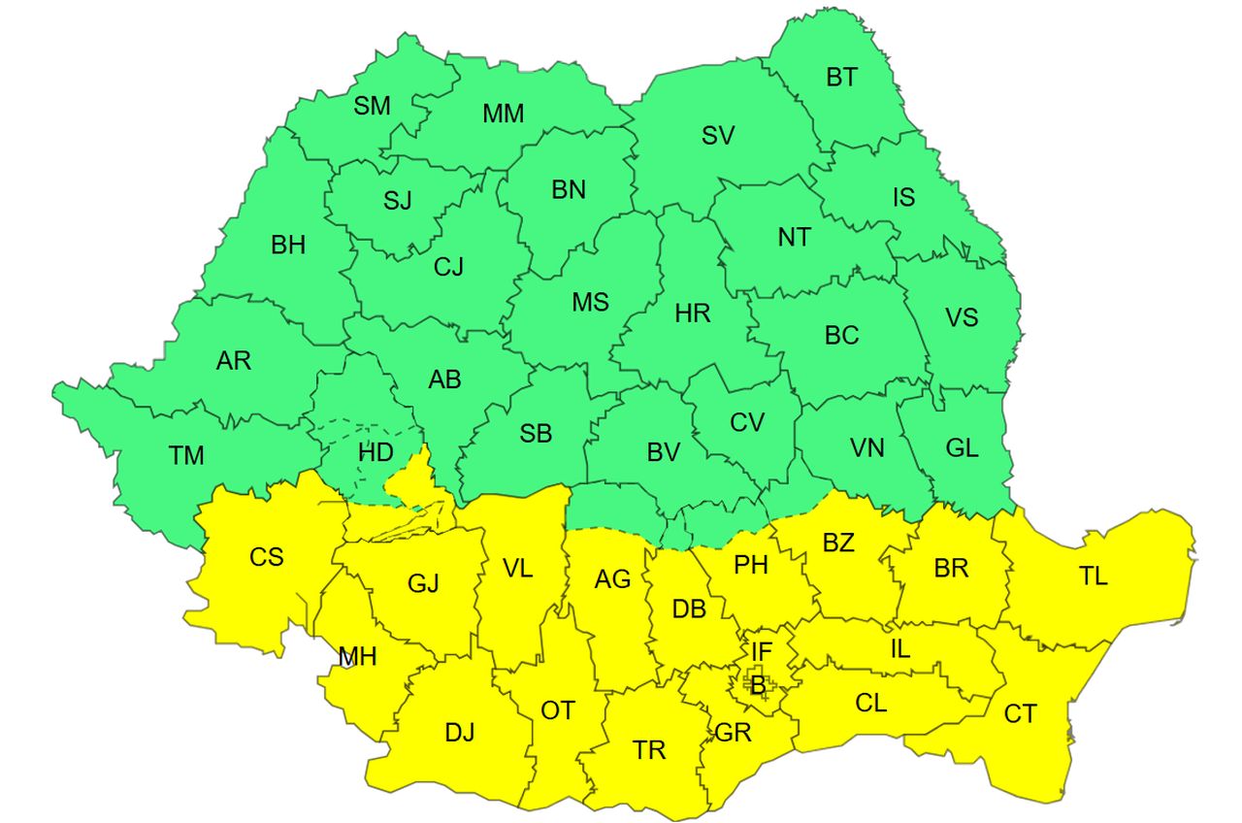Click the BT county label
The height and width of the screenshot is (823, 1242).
pyautogui.click(x=842, y=78)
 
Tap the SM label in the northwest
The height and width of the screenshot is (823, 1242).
pyautogui.click(x=372, y=106)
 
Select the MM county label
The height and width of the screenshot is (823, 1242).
pyautogui.click(x=503, y=114)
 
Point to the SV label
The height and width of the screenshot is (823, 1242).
pyautogui.click(x=718, y=136)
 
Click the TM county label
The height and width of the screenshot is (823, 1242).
pyautogui.click(x=186, y=454)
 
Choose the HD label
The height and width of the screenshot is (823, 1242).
pyautogui.click(x=376, y=452)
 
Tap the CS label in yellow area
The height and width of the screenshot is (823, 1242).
pyautogui.click(x=267, y=557)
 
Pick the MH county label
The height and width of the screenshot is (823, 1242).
pyautogui.click(x=357, y=657)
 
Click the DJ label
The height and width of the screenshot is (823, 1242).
pyautogui.click(x=460, y=733)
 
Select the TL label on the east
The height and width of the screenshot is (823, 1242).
pyautogui.click(x=1093, y=576)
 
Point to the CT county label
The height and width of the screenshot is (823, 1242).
pyautogui.click(x=1020, y=715)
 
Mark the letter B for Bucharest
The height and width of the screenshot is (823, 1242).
pyautogui.click(x=758, y=685)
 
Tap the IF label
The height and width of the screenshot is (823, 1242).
pyautogui.click(x=762, y=650)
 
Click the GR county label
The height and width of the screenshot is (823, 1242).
pyautogui.click(x=733, y=733)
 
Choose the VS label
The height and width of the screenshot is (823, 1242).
pyautogui.click(x=962, y=317)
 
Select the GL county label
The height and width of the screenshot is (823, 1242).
pyautogui.click(x=962, y=448)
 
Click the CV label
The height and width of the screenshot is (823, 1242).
pyautogui.click(x=747, y=422)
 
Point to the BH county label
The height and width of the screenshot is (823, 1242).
pyautogui.click(x=288, y=245)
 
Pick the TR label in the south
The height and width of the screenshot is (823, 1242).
pyautogui.click(x=649, y=750)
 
